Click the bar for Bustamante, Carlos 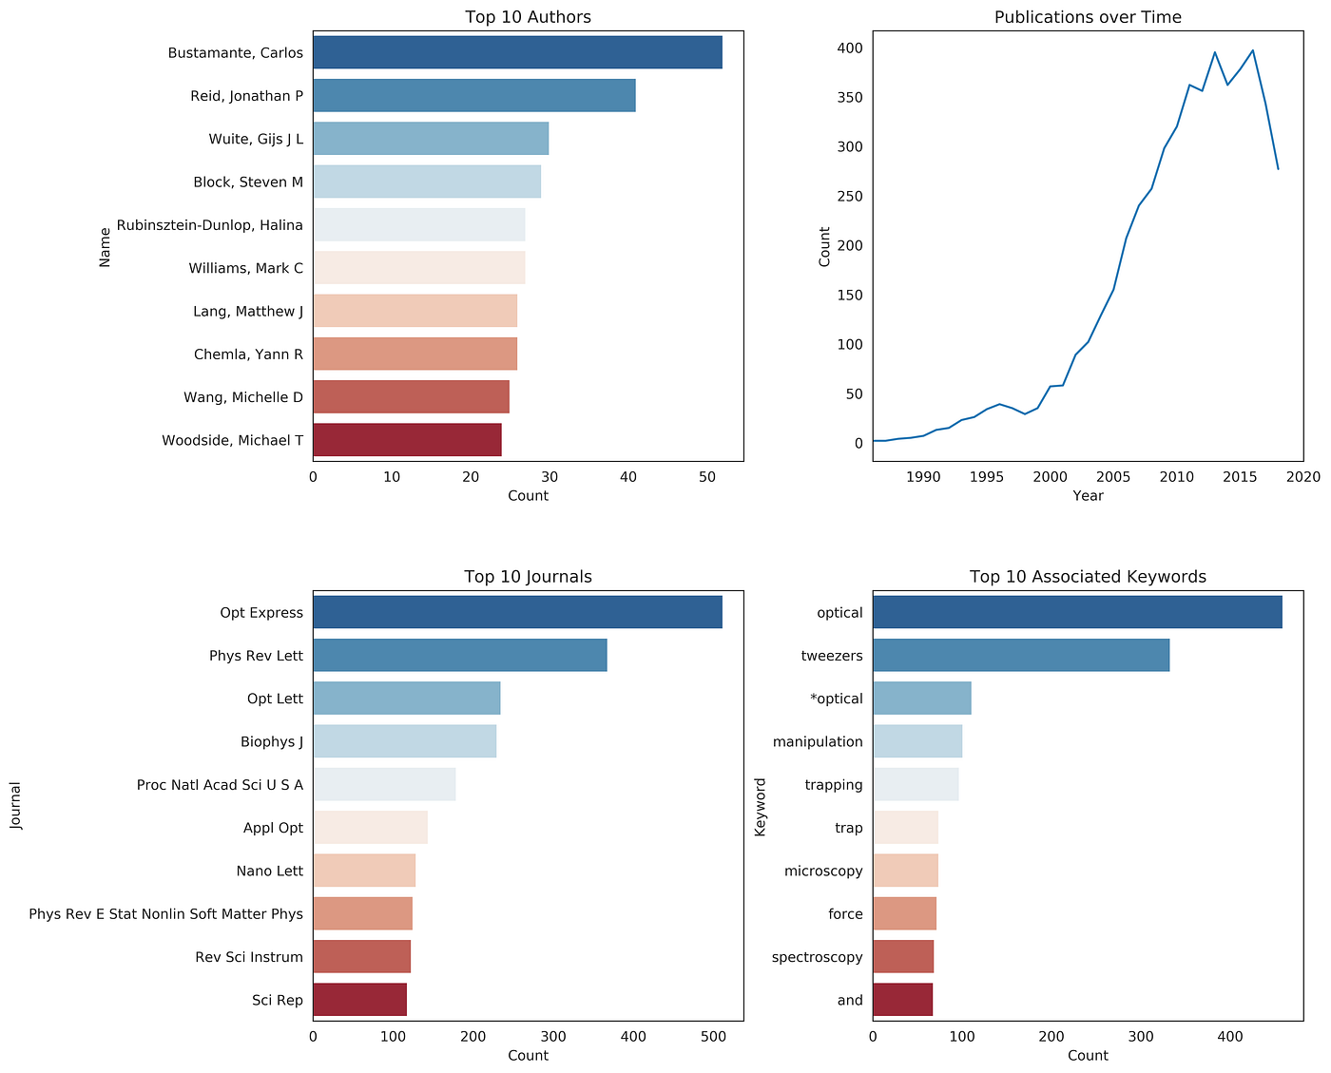click(x=517, y=52)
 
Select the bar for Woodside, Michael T click(x=407, y=440)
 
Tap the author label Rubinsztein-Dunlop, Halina click(x=210, y=225)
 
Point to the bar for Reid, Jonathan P click(x=473, y=96)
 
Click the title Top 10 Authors click(x=528, y=17)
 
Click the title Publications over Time click(x=1088, y=17)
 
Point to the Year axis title click(x=1088, y=496)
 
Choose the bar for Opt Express click(x=517, y=612)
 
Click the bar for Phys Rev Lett click(x=459, y=656)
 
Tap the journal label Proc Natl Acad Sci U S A click(x=220, y=785)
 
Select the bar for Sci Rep click(x=359, y=1000)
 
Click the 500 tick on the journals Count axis click(x=714, y=1037)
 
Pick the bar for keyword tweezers click(x=1021, y=656)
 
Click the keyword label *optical click(x=836, y=699)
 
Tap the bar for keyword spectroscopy click(x=903, y=957)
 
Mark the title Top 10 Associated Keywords click(x=1088, y=577)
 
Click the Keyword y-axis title click(x=760, y=807)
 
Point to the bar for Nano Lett click(x=364, y=871)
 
